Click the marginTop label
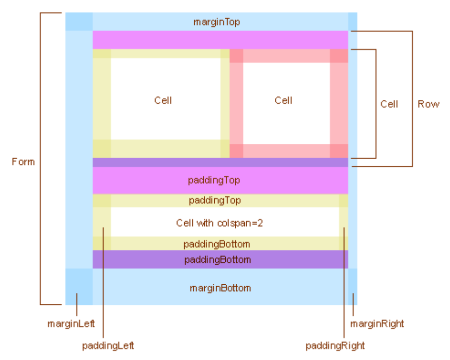(x=216, y=22)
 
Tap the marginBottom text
(x=220, y=288)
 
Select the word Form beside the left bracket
(x=23, y=162)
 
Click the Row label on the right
(x=429, y=104)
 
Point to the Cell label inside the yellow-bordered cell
(x=163, y=100)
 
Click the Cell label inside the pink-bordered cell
(x=283, y=100)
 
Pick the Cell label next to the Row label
(x=389, y=104)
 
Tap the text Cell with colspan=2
(x=220, y=223)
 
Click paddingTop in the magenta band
(x=220, y=180)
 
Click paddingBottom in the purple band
(x=217, y=260)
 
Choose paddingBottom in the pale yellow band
(x=217, y=245)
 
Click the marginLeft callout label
(x=71, y=324)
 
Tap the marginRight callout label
(x=377, y=324)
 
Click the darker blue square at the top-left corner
(x=79, y=21)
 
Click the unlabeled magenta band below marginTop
(x=220, y=40)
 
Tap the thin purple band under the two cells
(x=220, y=162)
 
